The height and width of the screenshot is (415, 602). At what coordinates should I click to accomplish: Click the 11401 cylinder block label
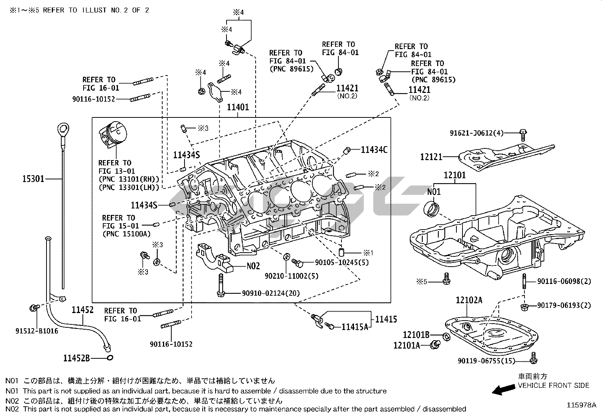point(238,107)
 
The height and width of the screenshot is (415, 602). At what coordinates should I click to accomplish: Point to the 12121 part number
point(431,156)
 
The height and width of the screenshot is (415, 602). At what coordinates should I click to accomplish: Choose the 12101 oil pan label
point(455,175)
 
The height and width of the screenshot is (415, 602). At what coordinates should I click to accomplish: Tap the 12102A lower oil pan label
point(469,301)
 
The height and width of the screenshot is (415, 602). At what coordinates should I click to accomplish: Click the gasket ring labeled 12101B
point(446,336)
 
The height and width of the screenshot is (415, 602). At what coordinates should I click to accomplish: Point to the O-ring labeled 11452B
point(110,357)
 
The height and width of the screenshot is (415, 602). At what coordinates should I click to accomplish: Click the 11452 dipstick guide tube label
point(83,310)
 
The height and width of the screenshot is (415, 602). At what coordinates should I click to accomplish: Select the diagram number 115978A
point(581,405)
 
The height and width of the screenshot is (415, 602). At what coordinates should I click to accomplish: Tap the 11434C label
point(374,150)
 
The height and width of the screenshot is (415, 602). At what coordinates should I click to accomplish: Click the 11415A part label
point(355,327)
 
